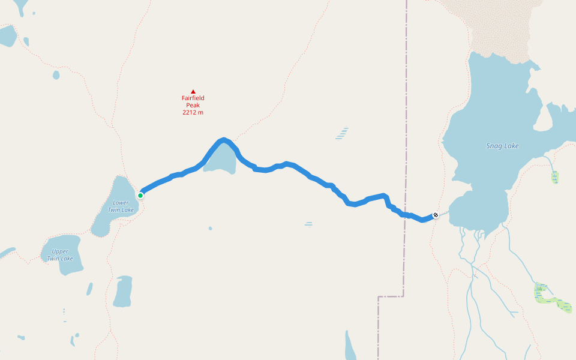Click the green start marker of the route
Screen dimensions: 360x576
(140, 195)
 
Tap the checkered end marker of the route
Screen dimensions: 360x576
(436, 215)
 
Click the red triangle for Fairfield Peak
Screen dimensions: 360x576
(193, 92)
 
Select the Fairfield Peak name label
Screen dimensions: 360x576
(193, 101)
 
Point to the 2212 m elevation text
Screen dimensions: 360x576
(193, 112)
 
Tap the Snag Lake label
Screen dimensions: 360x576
(503, 146)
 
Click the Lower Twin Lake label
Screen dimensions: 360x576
(121, 206)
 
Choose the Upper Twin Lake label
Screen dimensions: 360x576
(60, 255)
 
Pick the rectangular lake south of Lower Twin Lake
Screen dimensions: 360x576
(123, 292)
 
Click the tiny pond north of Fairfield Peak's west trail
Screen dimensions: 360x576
(56, 75)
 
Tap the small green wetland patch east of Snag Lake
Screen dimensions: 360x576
(555, 177)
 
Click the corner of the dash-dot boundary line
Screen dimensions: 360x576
(403, 296)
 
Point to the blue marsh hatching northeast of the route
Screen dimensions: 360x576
(342, 133)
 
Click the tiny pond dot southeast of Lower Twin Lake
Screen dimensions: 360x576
(210, 228)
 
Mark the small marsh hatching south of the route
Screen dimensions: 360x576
(308, 224)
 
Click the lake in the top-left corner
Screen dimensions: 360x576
(7, 36)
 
